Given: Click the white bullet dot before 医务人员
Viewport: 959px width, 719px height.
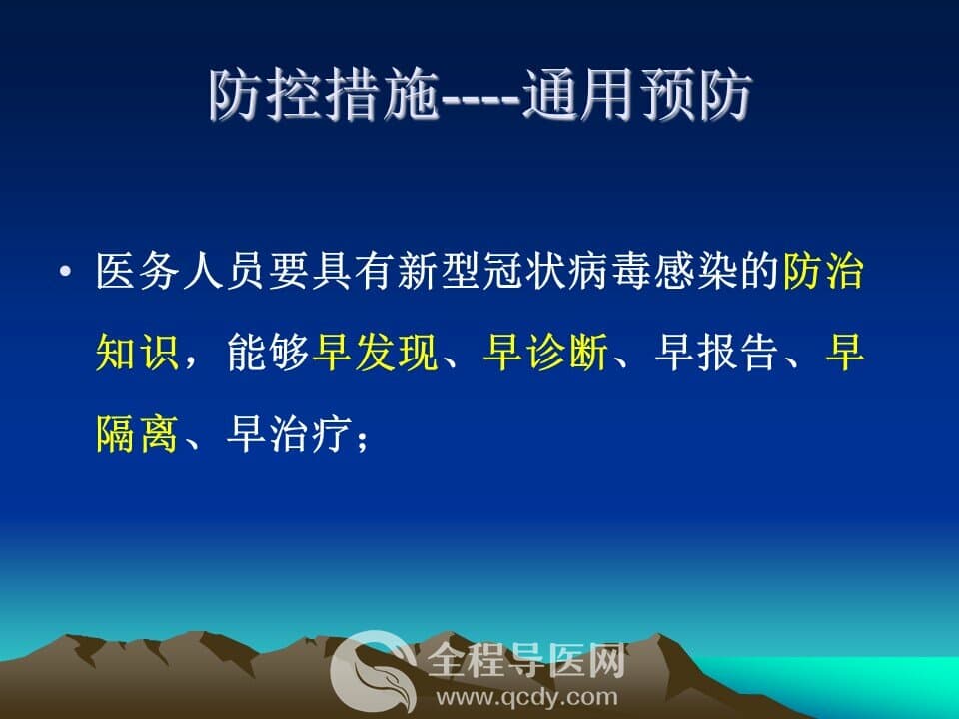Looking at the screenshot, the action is pos(66,271).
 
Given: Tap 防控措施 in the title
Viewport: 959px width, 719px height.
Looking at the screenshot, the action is pos(324,95).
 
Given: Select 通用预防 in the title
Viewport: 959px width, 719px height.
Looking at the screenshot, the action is pos(636,95).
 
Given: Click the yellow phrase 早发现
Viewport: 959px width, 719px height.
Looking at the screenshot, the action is pos(375,353).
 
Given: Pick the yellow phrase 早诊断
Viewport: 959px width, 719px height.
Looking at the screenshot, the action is pos(545,353).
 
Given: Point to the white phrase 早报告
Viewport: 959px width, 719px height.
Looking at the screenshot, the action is pos(715,353).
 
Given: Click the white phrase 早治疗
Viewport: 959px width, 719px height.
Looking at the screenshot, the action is pos(289,434).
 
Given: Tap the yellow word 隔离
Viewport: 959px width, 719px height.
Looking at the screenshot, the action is pos(137,434).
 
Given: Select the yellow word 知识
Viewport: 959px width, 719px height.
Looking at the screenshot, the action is pos(137,353).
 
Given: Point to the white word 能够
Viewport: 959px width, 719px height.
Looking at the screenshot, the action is pos(268,353).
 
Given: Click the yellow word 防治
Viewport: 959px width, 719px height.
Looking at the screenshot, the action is pos(823,271).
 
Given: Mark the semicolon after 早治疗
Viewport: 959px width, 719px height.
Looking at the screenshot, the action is pos(362,438).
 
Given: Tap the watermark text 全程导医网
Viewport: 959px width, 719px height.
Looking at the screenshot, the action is pos(526,661).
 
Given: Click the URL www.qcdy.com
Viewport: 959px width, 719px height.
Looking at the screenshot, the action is pos(526,697).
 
